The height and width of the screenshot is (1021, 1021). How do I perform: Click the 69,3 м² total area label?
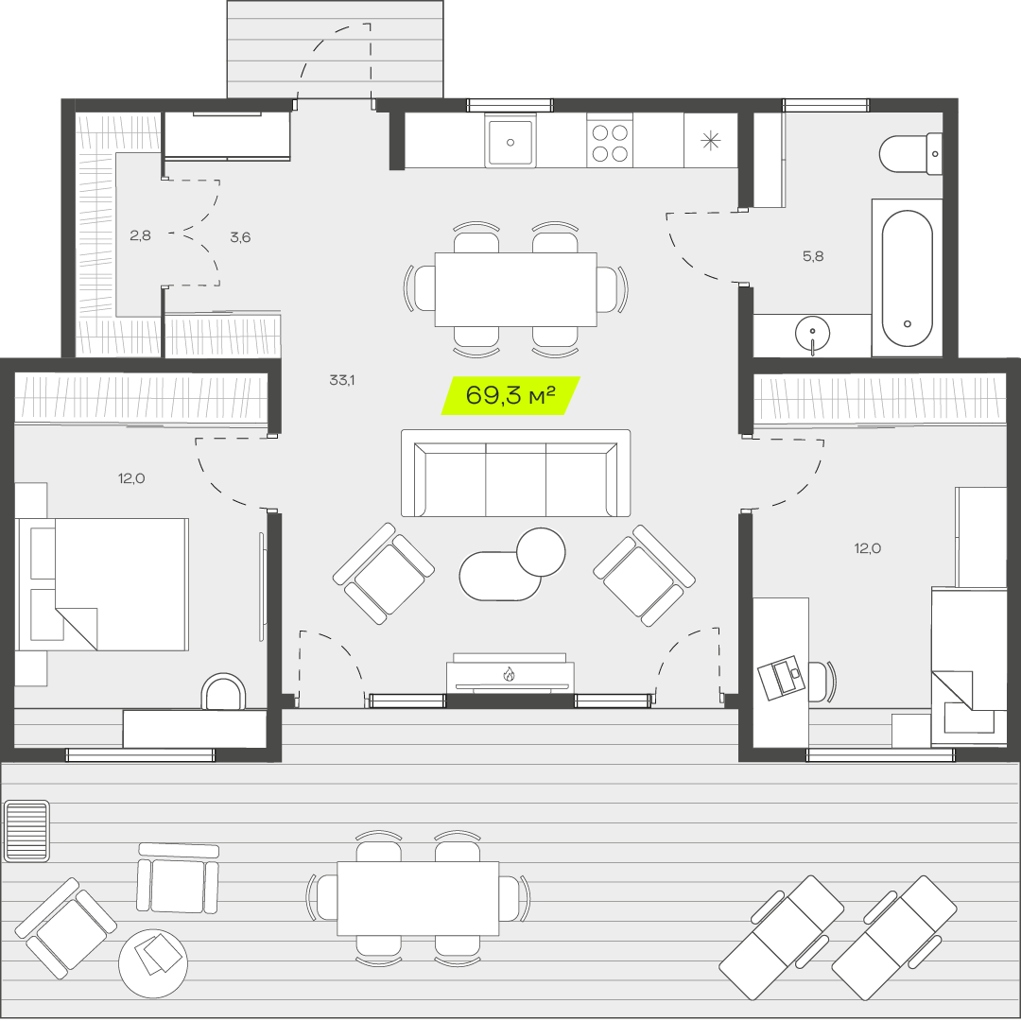click(510, 395)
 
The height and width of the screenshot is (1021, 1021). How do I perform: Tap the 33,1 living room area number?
click(342, 380)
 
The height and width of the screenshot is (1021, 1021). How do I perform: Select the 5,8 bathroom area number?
click(813, 256)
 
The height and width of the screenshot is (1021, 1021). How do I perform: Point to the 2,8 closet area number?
click(140, 235)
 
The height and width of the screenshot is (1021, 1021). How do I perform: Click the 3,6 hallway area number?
click(240, 237)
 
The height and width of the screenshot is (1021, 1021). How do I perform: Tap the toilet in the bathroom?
click(910, 154)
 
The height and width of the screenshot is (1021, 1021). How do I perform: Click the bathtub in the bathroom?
click(907, 278)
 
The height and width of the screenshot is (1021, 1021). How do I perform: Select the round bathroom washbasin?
click(813, 333)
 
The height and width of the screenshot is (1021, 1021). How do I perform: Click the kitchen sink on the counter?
click(510, 141)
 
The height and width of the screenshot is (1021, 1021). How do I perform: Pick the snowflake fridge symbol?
click(710, 141)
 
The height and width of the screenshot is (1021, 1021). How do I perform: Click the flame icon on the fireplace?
click(510, 674)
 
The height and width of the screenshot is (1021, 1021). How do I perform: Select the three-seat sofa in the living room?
click(516, 474)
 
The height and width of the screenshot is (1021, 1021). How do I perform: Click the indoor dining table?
click(516, 289)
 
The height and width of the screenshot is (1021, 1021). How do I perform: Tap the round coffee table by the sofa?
click(541, 551)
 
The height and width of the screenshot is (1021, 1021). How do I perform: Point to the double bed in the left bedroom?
click(102, 584)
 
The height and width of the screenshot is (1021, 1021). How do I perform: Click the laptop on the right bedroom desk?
click(782, 678)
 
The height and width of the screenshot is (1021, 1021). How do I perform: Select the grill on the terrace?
click(26, 831)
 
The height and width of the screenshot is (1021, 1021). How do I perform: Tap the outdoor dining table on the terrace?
click(418, 899)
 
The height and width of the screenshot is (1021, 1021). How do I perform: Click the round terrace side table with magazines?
click(153, 963)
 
